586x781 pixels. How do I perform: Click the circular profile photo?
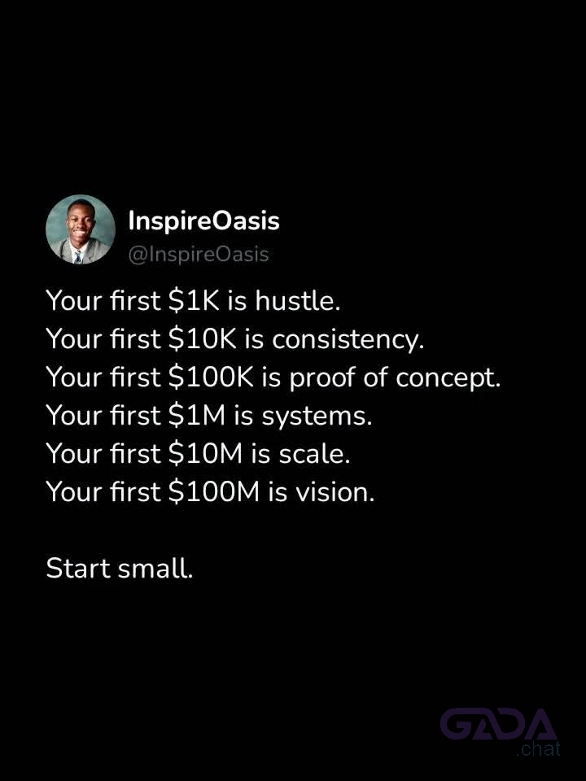[81, 229]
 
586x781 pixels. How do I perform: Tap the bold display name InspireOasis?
[203, 220]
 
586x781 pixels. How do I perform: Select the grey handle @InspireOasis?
[199, 254]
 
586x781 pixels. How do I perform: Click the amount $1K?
[194, 301]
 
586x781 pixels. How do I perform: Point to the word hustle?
[298, 300]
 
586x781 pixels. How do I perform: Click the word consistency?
[348, 340]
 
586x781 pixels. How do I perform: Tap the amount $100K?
[211, 377]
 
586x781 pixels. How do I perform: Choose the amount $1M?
[197, 416]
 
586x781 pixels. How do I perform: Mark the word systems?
[317, 417]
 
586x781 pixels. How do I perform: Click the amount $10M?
[205, 454]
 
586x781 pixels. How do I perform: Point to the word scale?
[314, 454]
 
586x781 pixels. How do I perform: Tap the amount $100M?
[214, 492]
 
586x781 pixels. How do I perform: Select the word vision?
[335, 492]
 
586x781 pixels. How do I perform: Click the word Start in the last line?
[78, 569]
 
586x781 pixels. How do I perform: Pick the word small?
[155, 569]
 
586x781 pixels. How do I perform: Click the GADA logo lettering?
[498, 724]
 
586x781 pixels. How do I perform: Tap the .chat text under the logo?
[538, 748]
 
